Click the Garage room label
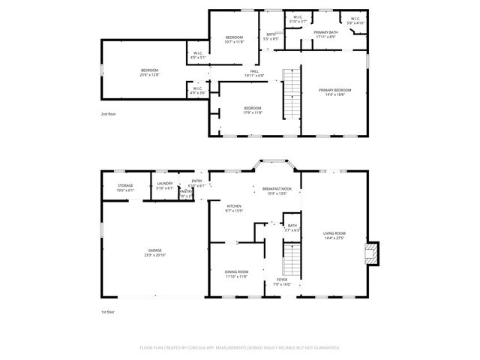155,252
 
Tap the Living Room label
334,235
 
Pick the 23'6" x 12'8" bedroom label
145,73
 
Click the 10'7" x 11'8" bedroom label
235,39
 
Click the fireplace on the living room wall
372,254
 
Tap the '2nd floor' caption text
109,114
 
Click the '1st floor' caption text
109,311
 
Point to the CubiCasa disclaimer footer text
240,347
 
